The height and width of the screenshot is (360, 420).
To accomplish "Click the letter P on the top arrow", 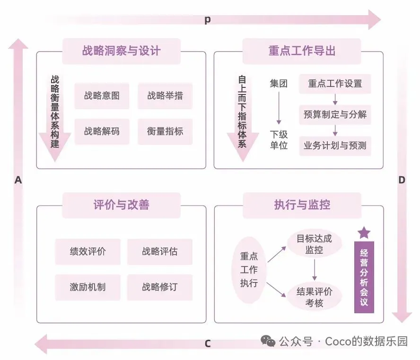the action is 207,20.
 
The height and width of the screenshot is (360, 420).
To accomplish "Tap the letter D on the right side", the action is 402,180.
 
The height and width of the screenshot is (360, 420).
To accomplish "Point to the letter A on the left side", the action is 18,180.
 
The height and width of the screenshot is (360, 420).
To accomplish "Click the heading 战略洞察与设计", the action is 121,51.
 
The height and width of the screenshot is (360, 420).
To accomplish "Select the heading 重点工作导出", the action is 302,51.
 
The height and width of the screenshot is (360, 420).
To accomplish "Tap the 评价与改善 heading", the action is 121,205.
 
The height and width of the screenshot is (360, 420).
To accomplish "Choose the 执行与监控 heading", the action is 302,205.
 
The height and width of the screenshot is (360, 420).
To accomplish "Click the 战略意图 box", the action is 102,96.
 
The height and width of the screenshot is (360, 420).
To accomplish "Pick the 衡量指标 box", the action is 165,131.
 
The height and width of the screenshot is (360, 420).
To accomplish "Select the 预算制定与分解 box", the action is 335,114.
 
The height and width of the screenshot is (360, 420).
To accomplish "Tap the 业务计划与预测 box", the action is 335,146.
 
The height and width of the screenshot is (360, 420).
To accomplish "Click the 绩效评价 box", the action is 87,251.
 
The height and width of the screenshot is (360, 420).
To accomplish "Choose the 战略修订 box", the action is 160,287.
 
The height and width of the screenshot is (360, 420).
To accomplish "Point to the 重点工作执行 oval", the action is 249,270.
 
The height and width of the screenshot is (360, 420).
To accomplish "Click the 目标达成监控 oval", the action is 314,244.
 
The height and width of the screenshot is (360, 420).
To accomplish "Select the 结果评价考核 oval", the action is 314,297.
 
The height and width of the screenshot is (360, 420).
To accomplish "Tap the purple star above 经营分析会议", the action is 364,232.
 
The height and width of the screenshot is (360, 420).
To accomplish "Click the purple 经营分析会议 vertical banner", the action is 364,277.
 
